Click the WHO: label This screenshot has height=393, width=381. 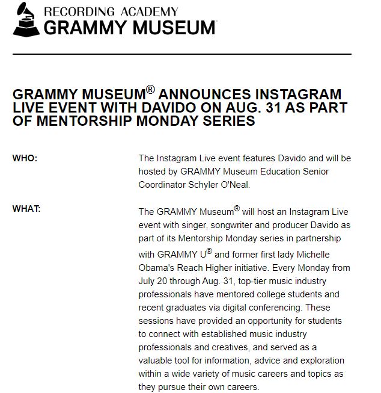click(x=25, y=159)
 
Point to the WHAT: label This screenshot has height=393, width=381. click(x=26, y=209)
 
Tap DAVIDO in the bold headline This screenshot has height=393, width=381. click(x=187, y=108)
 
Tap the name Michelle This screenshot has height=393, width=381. click(x=308, y=255)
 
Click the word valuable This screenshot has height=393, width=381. click(x=157, y=361)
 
